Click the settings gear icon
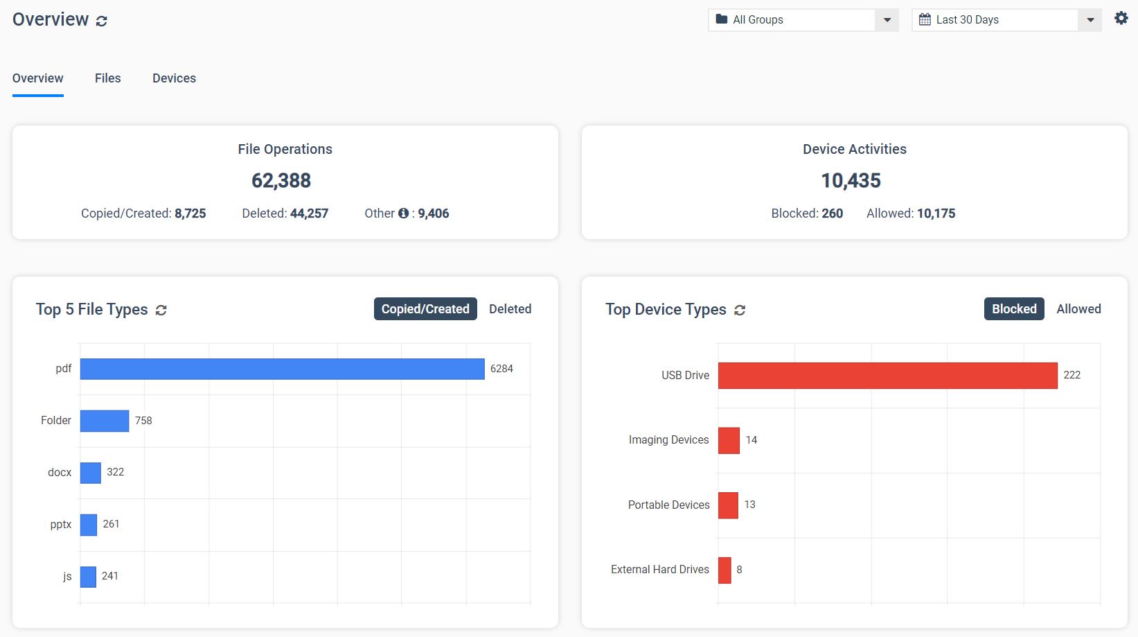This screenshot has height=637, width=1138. [1121, 19]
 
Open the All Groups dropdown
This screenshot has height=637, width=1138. [803, 20]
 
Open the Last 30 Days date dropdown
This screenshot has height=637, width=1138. [1006, 20]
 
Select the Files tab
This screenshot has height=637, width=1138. [108, 78]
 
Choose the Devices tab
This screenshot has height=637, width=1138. [174, 78]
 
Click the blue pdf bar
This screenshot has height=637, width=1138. [282, 369]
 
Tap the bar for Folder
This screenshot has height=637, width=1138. [105, 421]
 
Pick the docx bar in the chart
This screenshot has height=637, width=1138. [91, 473]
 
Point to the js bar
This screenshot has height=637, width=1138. [88, 577]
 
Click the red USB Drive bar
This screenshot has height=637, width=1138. [887, 375]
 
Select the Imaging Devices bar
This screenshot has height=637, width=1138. [729, 440]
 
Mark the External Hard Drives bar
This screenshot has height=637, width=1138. [724, 570]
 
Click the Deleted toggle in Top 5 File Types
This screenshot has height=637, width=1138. [510, 309]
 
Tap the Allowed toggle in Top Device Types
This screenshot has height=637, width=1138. [1078, 309]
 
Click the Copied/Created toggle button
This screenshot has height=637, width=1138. [425, 309]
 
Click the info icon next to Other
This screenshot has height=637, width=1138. [403, 213]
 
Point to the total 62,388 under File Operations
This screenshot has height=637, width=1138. [281, 181]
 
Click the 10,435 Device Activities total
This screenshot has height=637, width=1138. [851, 181]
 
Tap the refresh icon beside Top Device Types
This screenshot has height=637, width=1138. [740, 310]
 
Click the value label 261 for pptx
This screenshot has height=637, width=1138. [112, 524]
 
